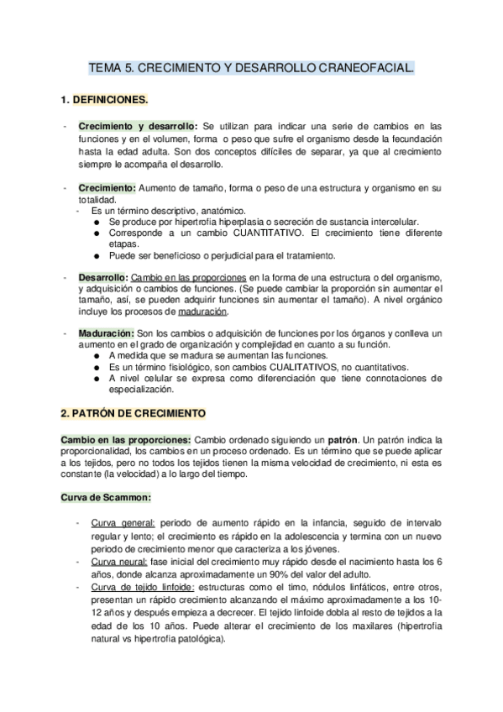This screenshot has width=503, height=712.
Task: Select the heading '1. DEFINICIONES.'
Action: point(105,100)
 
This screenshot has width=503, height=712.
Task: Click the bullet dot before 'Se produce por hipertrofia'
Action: point(98,221)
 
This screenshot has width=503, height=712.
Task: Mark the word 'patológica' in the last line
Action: point(200,638)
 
